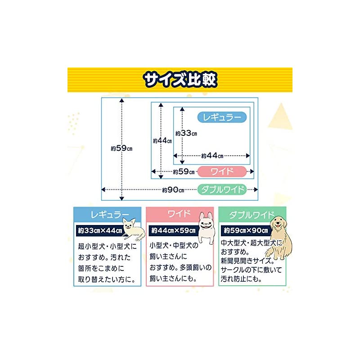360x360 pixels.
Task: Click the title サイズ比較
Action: point(180,80)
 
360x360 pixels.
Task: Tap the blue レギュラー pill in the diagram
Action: point(222,117)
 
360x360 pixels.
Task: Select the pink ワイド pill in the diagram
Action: point(222,171)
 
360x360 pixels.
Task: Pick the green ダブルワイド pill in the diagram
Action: point(222,189)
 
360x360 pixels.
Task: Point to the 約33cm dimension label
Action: point(186,133)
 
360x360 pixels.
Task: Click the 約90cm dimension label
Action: point(173,190)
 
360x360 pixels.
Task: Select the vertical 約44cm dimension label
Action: point(162,140)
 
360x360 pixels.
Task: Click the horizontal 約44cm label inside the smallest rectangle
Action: point(212,156)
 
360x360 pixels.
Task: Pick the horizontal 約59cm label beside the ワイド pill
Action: point(184,171)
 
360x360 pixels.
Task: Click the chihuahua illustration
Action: point(132,229)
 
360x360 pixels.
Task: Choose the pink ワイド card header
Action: point(173,213)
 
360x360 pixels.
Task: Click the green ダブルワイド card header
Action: point(246,213)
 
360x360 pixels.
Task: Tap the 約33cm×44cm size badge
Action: point(100,231)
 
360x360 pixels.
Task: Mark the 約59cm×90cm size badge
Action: point(246,231)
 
